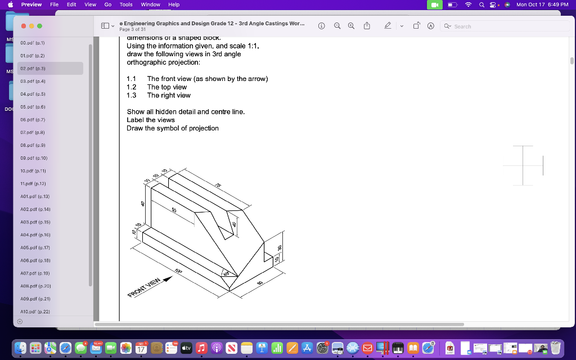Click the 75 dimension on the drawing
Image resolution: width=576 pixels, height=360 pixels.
[x=218, y=186]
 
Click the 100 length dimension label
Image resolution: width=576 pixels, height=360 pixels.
[x=178, y=272]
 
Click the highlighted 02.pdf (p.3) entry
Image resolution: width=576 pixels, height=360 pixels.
[x=33, y=68]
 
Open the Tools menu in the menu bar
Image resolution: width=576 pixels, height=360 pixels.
[x=126, y=4]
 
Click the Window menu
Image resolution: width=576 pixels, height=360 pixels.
[x=150, y=4]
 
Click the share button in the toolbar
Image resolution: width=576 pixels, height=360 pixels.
[x=367, y=26]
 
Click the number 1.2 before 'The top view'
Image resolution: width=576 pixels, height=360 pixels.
[x=132, y=87]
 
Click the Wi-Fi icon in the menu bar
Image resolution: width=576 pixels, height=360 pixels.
[x=467, y=4]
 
